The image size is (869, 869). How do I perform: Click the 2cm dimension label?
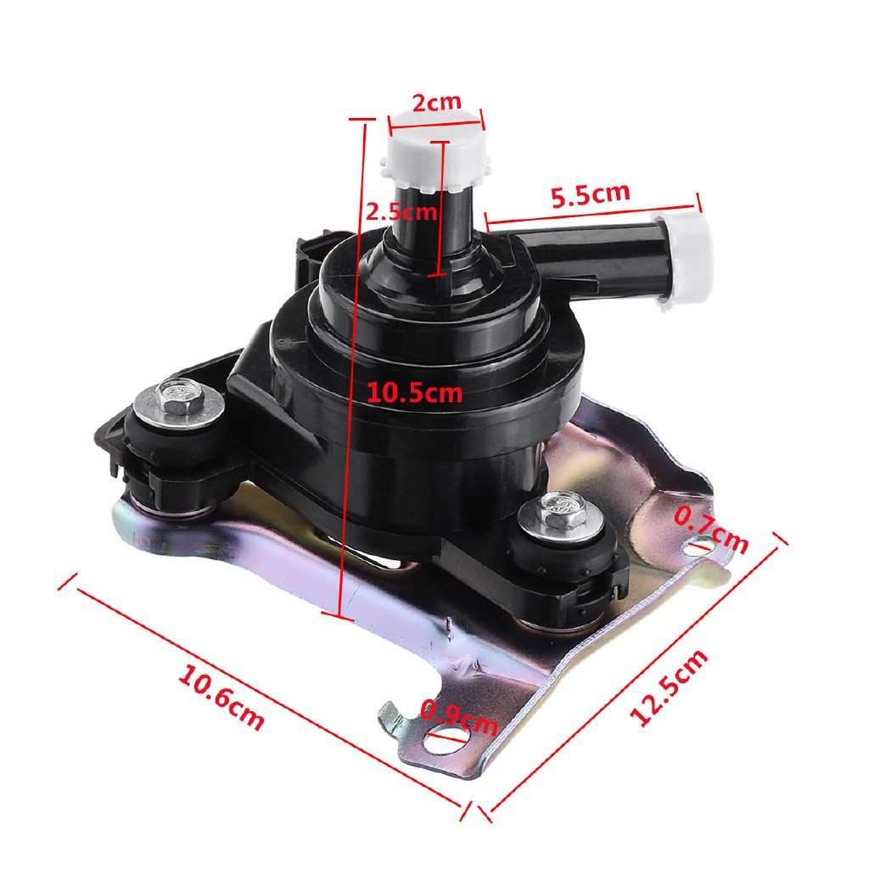(x=437, y=102)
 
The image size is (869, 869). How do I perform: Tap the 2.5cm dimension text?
(x=401, y=211)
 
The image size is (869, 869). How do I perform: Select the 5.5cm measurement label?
(x=591, y=194)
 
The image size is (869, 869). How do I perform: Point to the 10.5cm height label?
(x=414, y=392)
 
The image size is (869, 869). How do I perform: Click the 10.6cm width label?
(x=221, y=700)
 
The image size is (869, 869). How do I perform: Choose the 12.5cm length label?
(x=669, y=687)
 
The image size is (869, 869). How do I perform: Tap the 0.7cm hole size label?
(x=710, y=530)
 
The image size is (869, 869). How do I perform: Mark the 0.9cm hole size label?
(x=459, y=717)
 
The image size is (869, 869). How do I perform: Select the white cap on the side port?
(x=685, y=259)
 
